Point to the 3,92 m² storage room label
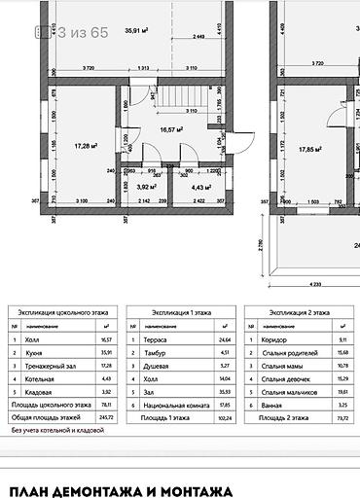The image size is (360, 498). (x=147, y=186)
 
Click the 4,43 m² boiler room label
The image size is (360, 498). (x=201, y=186)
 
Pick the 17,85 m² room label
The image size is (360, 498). (x=309, y=149)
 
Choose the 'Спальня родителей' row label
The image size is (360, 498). (x=289, y=352)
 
